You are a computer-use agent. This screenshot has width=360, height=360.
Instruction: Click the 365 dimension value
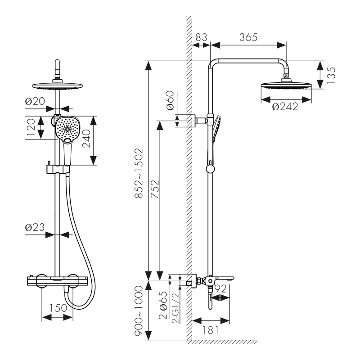pos(248,37)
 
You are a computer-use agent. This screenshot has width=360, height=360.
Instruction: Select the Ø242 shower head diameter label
pos(285,107)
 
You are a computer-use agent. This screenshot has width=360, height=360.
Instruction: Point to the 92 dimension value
pos(220,289)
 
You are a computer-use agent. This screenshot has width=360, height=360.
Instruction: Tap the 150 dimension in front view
pos(58,308)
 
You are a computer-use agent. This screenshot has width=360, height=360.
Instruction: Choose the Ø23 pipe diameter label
pos(34,228)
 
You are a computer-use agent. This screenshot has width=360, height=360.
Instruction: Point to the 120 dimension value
pos(31,128)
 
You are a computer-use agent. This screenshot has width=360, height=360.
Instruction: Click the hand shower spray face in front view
pos(68,128)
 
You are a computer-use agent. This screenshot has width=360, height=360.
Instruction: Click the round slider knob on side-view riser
pos(210,169)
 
